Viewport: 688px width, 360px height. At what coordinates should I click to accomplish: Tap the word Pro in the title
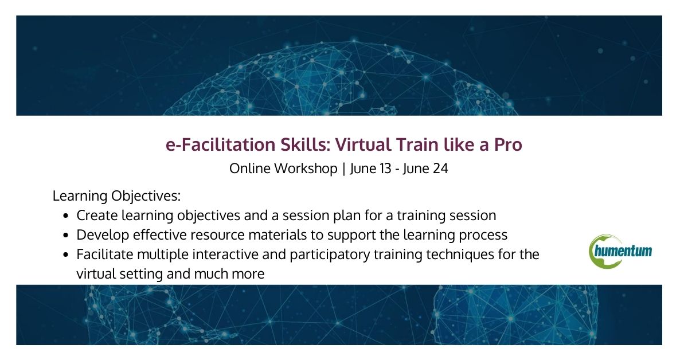coord(507,145)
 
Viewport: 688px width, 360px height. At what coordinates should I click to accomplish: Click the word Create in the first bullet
coord(95,216)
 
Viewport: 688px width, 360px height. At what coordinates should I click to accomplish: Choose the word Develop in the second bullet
coord(99,235)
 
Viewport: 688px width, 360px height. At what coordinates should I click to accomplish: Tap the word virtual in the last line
coord(94,274)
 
